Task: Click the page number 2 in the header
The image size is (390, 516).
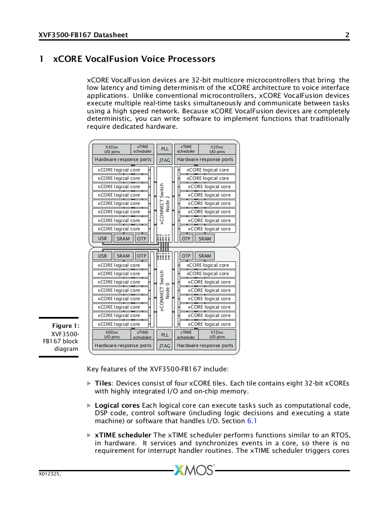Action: click(x=347, y=35)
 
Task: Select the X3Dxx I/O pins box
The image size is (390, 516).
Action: click(x=111, y=149)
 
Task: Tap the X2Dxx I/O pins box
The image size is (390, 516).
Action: click(x=217, y=149)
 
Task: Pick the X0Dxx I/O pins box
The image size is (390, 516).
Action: click(x=111, y=335)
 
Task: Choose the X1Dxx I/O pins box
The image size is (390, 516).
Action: click(x=217, y=335)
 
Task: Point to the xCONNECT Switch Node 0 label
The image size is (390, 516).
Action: click(x=165, y=291)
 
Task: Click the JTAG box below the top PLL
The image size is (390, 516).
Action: click(x=165, y=160)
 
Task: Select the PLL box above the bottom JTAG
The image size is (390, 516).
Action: click(x=165, y=335)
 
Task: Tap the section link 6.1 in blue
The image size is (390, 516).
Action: click(x=252, y=421)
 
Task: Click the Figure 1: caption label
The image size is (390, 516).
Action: click(x=66, y=326)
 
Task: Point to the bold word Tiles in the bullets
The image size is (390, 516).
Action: click(x=103, y=383)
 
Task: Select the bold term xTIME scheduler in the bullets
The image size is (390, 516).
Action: click(x=123, y=435)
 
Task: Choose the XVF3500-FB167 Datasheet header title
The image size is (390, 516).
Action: click(x=83, y=35)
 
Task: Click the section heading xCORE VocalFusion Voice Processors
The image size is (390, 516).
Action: click(x=134, y=59)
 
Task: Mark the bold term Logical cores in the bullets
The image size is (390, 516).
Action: click(x=117, y=405)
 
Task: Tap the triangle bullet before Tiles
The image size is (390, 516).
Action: click(x=89, y=383)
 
